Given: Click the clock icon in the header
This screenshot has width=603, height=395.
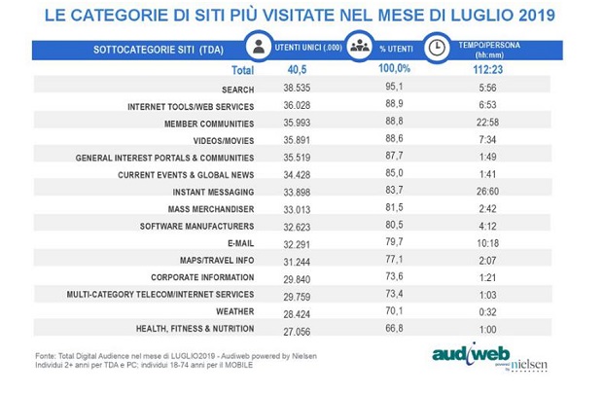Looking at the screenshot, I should coord(438,48).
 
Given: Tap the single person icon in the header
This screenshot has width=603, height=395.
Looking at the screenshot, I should coord(258,48).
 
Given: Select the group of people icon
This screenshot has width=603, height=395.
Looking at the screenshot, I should coord(362,48).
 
